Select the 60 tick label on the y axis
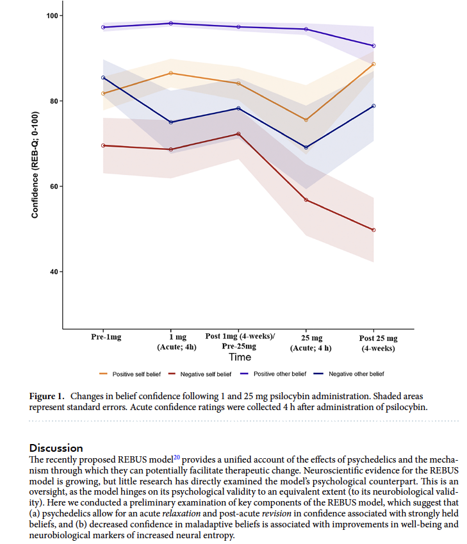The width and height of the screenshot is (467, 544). pos(53,186)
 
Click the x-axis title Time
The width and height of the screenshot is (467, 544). pos(240,357)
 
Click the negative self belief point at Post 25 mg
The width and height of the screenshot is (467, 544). pos(373,230)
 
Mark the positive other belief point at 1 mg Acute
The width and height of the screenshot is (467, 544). pos(170,23)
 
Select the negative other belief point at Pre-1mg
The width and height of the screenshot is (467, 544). pos(103,78)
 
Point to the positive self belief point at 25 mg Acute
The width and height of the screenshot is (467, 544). pos(306,120)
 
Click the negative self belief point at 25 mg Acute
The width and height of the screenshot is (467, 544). pos(306,200)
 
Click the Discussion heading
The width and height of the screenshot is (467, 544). pos(56,448)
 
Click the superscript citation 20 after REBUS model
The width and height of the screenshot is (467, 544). pos(176,457)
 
